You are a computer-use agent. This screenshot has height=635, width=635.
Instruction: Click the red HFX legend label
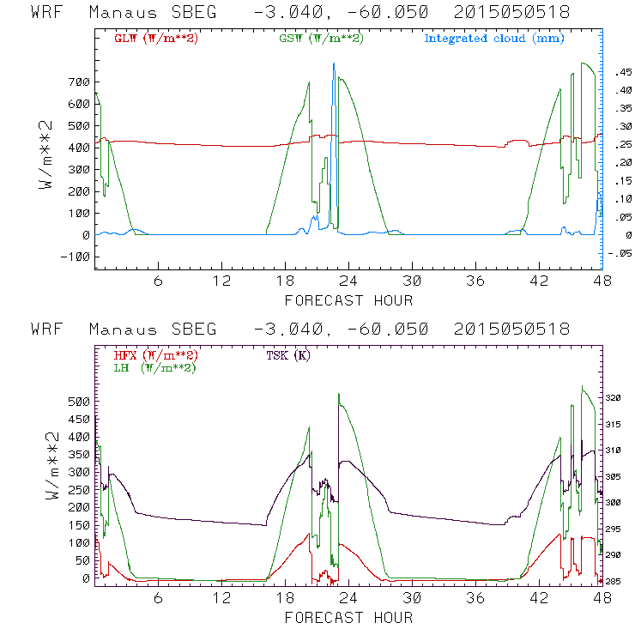(153, 354)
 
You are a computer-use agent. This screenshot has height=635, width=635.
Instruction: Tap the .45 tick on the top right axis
(620, 75)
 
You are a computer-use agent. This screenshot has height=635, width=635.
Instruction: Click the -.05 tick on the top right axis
(619, 253)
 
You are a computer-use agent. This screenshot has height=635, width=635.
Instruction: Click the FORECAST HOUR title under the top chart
(348, 300)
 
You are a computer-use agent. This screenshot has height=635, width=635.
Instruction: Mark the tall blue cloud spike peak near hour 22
(334, 64)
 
